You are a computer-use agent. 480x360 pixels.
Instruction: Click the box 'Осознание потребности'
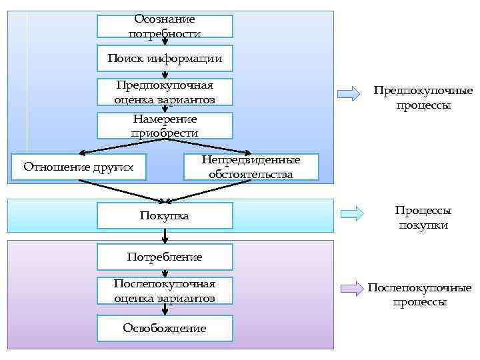[165, 26]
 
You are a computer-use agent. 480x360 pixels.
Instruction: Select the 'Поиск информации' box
[165, 59]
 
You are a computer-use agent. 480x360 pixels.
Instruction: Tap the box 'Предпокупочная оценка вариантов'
[165, 92]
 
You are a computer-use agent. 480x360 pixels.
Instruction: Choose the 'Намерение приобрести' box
[165, 125]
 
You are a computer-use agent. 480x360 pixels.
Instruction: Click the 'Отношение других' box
[79, 166]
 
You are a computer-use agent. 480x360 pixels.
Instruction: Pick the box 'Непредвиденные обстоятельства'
[251, 167]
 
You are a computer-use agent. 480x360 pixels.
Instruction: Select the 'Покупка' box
[165, 215]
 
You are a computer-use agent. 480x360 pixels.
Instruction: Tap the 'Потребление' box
[165, 256]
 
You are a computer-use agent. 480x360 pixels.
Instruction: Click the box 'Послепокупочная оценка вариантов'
[165, 291]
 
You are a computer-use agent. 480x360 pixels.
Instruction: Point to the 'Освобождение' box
[165, 327]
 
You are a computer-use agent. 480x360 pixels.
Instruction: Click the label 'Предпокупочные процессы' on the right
[423, 97]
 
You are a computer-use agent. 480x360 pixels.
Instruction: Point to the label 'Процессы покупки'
[423, 217]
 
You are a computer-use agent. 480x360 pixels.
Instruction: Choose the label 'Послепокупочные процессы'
[419, 295]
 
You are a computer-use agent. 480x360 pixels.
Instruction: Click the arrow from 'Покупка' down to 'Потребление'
[165, 235]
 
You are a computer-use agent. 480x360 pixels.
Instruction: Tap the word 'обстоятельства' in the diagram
[251, 174]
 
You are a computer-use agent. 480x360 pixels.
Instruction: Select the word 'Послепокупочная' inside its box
[165, 284]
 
